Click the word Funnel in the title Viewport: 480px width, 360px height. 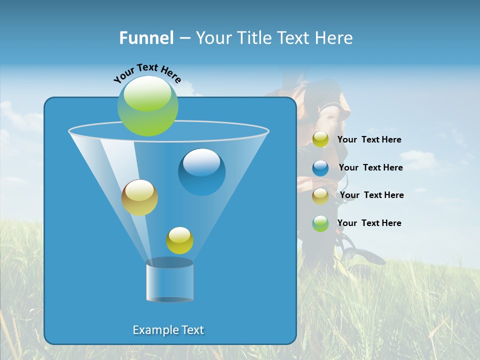[x=146, y=38]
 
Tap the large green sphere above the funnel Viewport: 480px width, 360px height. [x=147, y=106]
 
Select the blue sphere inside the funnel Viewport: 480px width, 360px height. [x=201, y=172]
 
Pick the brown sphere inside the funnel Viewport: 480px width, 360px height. [x=139, y=197]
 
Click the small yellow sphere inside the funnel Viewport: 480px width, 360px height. [x=179, y=240]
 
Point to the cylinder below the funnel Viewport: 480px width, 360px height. [x=169, y=280]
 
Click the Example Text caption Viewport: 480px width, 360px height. [x=168, y=330]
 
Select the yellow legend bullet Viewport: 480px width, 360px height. [x=320, y=139]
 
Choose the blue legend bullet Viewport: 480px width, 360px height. [x=320, y=167]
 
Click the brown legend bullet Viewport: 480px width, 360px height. [x=320, y=195]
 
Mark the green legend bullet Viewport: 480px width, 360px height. [x=320, y=223]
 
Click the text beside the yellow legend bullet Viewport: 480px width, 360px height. [x=369, y=139]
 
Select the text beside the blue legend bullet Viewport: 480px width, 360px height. [x=370, y=167]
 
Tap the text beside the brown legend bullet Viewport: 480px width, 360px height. [x=371, y=195]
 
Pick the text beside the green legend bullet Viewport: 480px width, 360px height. [x=369, y=223]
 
